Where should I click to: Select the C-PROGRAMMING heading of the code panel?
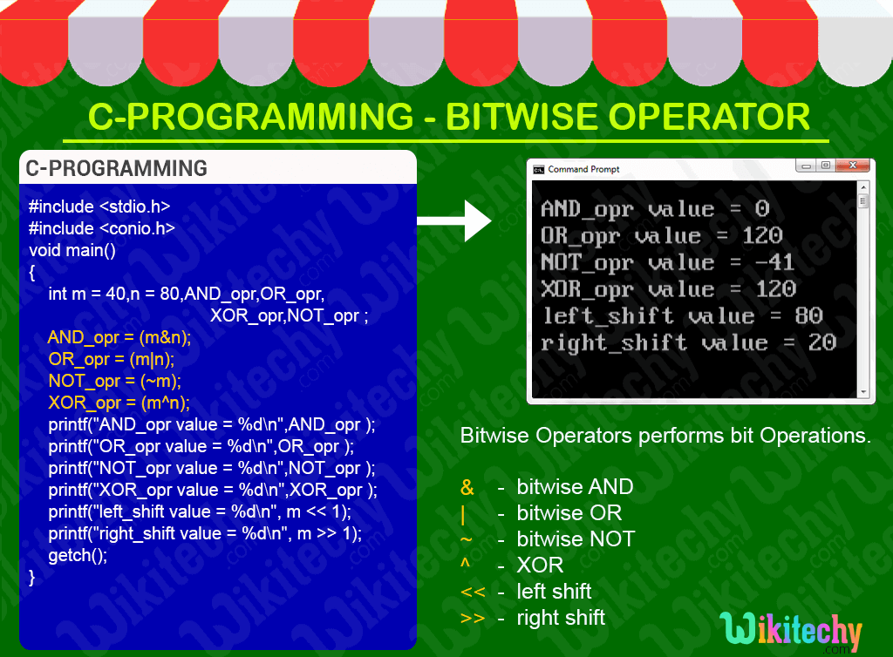pyautogui.click(x=116, y=168)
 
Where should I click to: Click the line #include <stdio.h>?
pyautogui.click(x=99, y=207)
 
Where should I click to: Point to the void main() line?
pyautogui.click(x=72, y=250)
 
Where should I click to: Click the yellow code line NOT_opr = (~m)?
pyautogui.click(x=114, y=381)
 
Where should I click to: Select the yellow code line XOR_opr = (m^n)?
pyautogui.click(x=119, y=403)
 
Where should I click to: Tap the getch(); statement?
pyautogui.click(x=78, y=555)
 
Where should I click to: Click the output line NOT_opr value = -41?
pyautogui.click(x=667, y=262)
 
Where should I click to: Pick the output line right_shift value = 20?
pyautogui.click(x=688, y=342)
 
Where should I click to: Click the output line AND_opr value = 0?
pyautogui.click(x=654, y=209)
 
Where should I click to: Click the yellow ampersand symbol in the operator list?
pyautogui.click(x=467, y=487)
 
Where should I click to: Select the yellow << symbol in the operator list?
pyautogui.click(x=473, y=592)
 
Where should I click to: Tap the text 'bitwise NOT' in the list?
pyautogui.click(x=576, y=539)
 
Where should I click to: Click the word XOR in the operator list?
pyautogui.click(x=540, y=566)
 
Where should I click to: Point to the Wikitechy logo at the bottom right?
pyautogui.click(x=791, y=631)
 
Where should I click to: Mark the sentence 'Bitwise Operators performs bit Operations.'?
pyautogui.click(x=665, y=436)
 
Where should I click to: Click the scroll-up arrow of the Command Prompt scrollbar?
pyautogui.click(x=863, y=187)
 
